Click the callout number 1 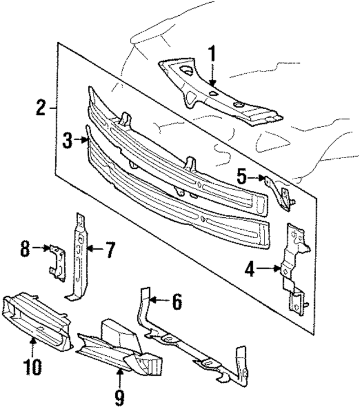coord(212,56)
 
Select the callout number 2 coord(41,107)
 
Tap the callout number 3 coord(67,141)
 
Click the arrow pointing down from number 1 coord(212,76)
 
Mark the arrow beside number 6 coord(161,302)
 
